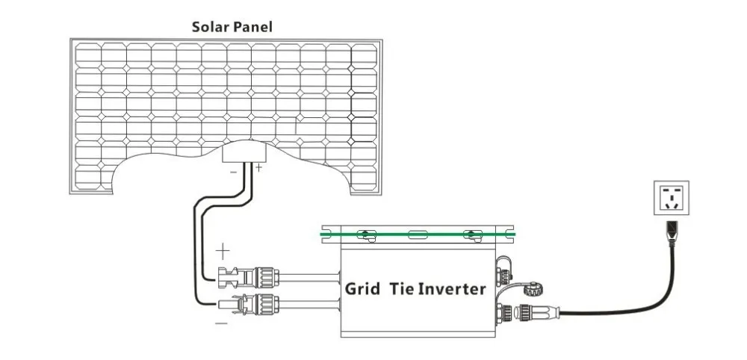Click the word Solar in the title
[x=211, y=27]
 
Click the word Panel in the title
[x=253, y=27]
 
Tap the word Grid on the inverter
[x=362, y=288]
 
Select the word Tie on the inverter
[x=402, y=288]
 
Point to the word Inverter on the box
[x=452, y=288]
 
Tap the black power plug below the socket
[x=672, y=233]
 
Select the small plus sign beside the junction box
[x=258, y=167]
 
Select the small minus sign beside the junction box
[x=233, y=172]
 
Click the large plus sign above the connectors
[x=223, y=250]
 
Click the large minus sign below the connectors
[x=221, y=323]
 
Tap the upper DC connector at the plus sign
[x=248, y=278]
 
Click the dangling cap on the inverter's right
[x=533, y=288]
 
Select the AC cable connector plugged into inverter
[x=536, y=312]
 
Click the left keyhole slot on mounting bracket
[x=365, y=235]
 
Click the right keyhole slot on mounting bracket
[x=471, y=235]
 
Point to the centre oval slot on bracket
[x=418, y=235]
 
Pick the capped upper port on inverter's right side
[x=503, y=273]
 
